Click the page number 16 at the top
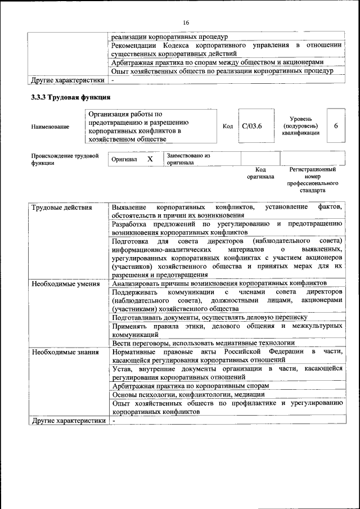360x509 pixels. click(x=186, y=22)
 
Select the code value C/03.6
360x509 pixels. click(x=251, y=126)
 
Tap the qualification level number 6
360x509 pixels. click(x=336, y=125)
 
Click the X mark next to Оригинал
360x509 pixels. click(x=150, y=159)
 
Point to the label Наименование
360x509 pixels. click(x=51, y=127)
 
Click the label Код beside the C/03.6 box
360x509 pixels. click(x=227, y=126)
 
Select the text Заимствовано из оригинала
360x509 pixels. click(x=188, y=159)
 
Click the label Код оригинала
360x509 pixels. click(x=260, y=173)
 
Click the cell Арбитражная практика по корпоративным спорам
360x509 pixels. click(x=190, y=386)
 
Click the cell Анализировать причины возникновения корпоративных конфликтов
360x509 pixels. click(x=219, y=283)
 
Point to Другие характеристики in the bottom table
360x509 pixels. click(x=69, y=420)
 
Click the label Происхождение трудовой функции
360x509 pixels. click(x=65, y=159)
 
